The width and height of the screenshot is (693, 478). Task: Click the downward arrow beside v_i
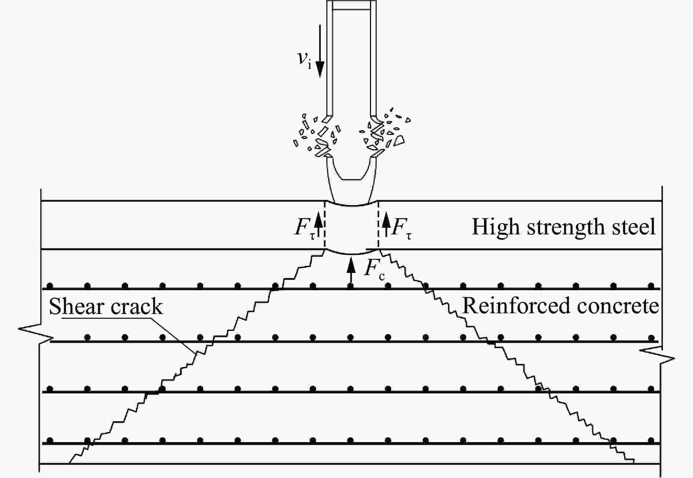(320, 51)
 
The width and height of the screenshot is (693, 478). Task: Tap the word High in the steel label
(495, 227)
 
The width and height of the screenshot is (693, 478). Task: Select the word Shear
(76, 307)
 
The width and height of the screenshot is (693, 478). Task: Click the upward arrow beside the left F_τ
(318, 225)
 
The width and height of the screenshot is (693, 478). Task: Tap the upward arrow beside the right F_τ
(386, 225)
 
